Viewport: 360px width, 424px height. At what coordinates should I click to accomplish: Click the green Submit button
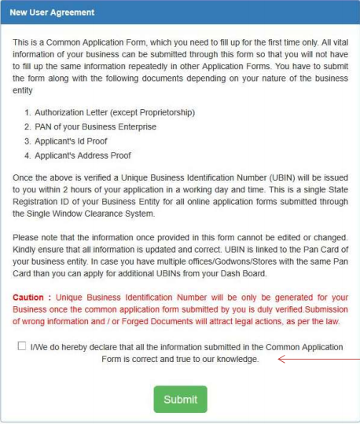pos(180,400)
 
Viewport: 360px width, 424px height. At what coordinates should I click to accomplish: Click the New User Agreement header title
pos(52,13)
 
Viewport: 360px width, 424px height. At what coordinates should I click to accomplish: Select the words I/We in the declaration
pos(40,347)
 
